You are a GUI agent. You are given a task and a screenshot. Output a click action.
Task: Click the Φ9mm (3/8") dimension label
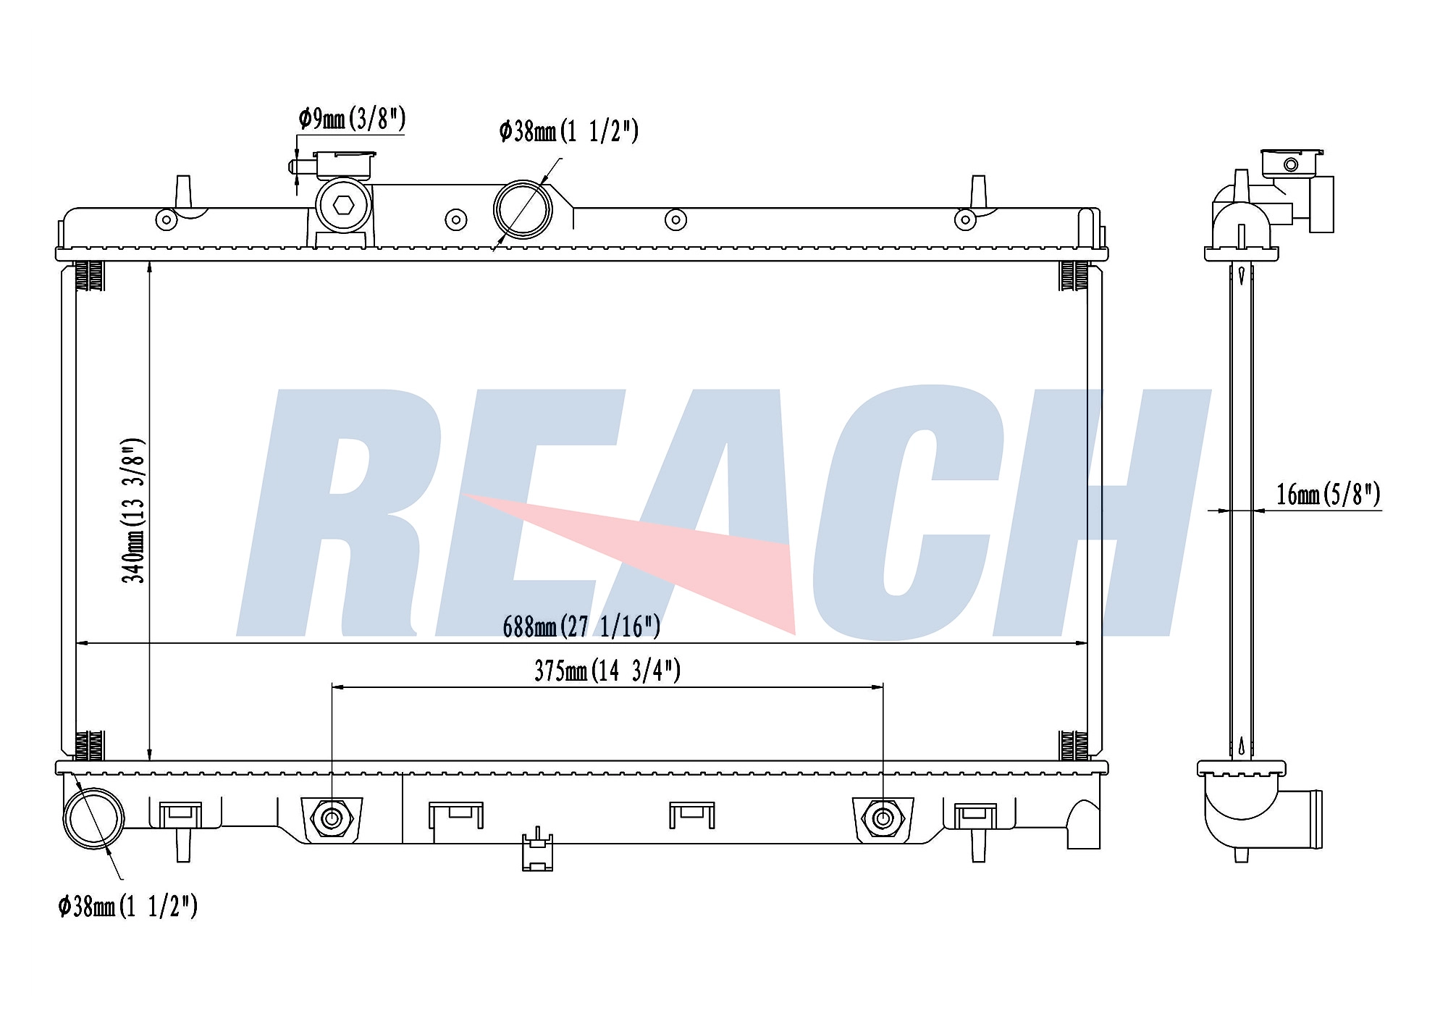point(352,118)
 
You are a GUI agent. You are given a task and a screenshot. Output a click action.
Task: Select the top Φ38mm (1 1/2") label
point(569,131)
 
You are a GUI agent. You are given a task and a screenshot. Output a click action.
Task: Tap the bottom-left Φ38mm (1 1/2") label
point(127,906)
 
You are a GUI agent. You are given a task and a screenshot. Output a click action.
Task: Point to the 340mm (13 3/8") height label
point(134,511)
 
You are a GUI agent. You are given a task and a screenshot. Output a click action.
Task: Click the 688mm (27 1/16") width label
point(581,626)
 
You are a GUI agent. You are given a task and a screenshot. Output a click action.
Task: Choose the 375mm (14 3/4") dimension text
point(607,671)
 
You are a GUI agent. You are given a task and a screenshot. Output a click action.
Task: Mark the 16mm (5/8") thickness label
point(1329,495)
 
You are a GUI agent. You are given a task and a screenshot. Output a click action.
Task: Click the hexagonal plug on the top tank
point(344,205)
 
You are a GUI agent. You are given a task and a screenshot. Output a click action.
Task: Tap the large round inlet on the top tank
point(523,209)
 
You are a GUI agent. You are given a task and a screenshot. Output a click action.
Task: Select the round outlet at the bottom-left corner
point(94,818)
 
